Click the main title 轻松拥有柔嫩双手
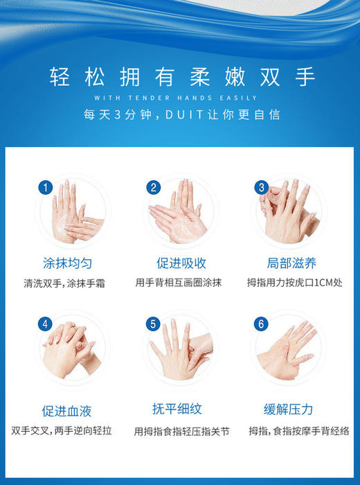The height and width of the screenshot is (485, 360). pos(180,76)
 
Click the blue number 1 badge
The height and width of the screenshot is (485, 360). pos(46,187)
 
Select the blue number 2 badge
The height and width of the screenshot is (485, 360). pos(154,187)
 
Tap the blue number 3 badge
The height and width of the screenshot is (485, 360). pos(262,187)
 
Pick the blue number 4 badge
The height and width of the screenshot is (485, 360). pos(46,324)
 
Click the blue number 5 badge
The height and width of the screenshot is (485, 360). pos(154,324)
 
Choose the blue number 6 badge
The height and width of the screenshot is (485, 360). pos(262,324)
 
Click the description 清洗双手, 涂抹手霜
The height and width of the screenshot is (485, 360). pos(68,283)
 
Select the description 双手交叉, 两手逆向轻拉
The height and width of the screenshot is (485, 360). pos(68,430)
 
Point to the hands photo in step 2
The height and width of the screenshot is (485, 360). pos(179,211)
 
